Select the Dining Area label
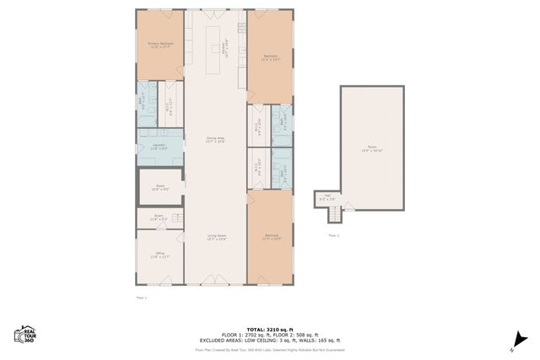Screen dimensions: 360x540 215,139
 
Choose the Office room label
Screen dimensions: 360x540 159,255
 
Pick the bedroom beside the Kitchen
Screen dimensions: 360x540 270,57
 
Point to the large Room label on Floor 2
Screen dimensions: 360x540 372,149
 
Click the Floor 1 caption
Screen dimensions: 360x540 141,298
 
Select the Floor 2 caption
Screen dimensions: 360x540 332,235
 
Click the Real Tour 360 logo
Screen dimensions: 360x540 26,334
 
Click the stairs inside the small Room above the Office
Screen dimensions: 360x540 177,218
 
